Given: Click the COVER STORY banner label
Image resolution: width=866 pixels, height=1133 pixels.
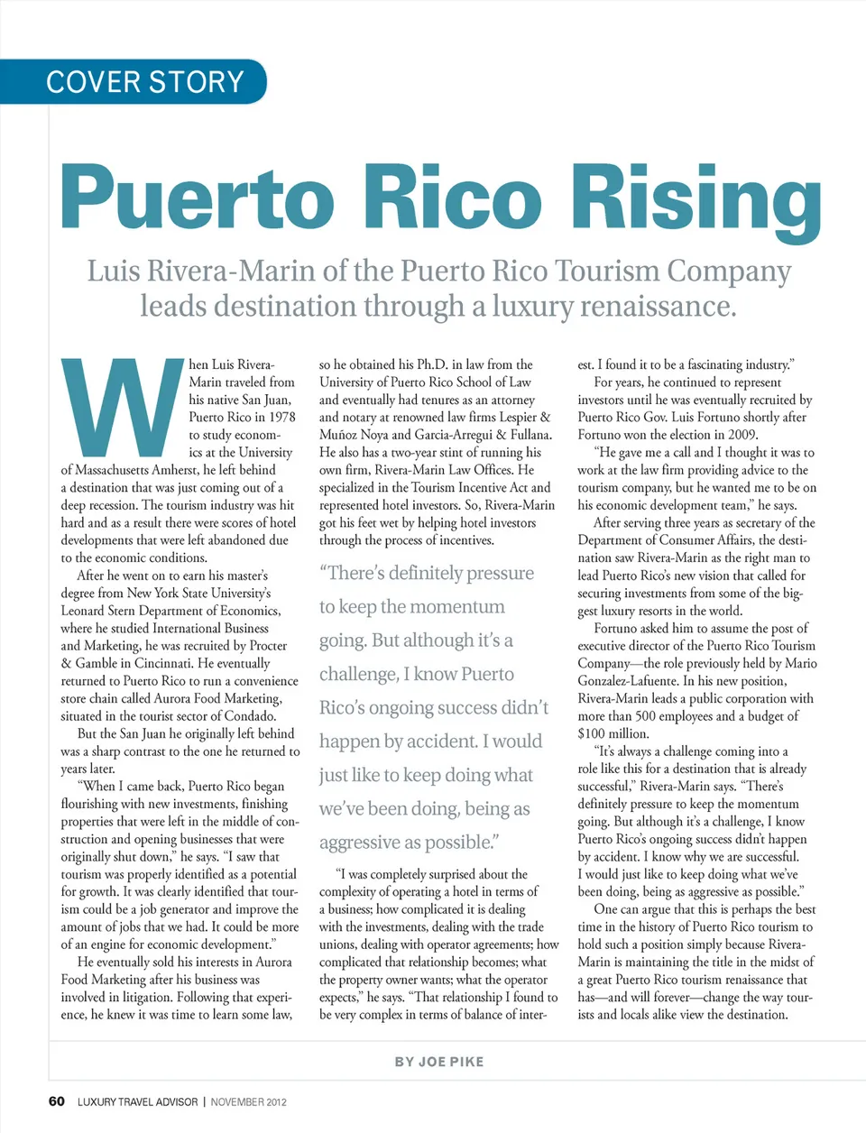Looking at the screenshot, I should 144,82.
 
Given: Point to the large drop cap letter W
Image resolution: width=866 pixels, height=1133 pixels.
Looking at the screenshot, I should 123,407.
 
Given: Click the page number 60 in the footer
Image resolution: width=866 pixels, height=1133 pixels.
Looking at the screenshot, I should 56,1101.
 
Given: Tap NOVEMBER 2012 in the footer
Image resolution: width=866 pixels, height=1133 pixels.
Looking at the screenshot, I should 248,1102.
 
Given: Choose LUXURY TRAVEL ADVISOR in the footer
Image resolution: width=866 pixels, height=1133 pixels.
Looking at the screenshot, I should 137,1102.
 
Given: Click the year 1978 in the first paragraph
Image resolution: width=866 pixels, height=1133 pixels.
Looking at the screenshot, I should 282,417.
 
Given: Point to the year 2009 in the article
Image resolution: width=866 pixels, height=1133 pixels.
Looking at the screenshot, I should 740,435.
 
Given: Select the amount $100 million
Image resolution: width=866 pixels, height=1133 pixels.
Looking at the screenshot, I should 613,733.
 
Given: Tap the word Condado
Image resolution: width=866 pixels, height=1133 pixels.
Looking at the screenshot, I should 249,716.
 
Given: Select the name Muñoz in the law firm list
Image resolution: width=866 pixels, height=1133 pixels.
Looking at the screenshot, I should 339,435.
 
